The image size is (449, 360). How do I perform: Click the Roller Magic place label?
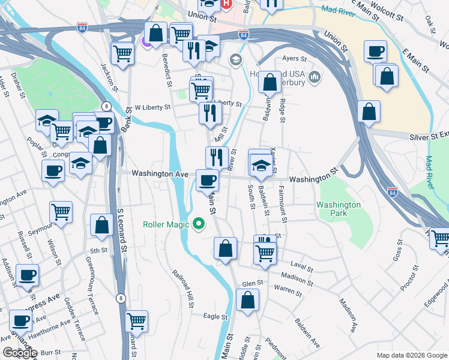165,225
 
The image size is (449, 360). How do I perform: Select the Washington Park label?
339,209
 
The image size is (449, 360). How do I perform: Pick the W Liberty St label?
152,107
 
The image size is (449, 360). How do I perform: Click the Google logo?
19,353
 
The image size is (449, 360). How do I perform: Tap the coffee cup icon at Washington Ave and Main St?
208,179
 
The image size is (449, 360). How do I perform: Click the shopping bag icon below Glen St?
247,299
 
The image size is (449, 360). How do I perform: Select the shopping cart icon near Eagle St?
137,321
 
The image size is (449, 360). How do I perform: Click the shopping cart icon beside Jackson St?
122,53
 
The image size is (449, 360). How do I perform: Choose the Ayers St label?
295,59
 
